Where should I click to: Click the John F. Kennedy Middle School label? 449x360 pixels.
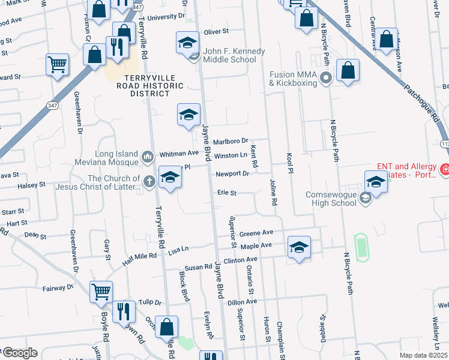tap(234, 55)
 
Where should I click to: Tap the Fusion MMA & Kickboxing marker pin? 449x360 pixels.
tap(327, 78)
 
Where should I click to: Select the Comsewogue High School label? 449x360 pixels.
tap(331, 199)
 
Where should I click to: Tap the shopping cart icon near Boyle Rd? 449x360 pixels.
tap(101, 292)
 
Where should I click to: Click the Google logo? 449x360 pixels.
tap(20, 353)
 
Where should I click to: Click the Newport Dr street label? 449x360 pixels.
tap(233, 173)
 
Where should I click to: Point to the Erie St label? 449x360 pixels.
tap(227, 193)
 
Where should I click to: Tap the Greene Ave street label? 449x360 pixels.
tap(256, 233)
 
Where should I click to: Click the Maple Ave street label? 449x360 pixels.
tap(256, 245)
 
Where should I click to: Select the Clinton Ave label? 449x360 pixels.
tap(240, 260)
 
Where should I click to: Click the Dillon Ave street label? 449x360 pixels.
tap(242, 302)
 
